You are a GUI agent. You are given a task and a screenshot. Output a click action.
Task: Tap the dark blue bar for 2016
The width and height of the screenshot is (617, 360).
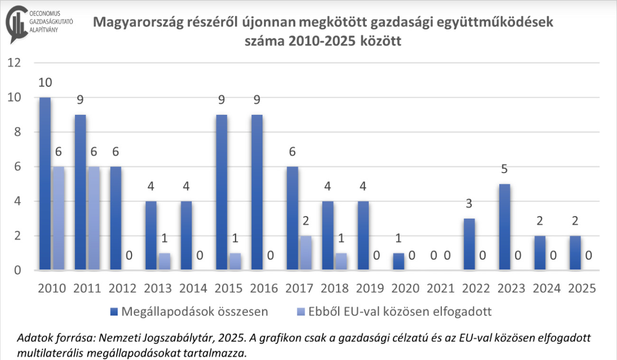(257, 193)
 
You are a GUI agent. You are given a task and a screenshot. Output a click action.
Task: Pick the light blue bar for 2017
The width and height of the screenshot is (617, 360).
(306, 253)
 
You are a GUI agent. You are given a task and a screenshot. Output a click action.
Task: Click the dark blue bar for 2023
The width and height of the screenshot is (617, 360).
(505, 227)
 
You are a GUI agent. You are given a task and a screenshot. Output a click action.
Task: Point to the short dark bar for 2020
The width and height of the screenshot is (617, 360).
(399, 261)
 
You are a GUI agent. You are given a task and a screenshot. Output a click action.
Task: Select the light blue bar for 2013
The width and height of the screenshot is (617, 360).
(164, 261)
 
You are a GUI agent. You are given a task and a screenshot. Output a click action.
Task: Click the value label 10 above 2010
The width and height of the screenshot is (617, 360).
(45, 83)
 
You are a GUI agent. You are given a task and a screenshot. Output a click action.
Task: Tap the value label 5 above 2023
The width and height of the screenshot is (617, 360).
(505, 169)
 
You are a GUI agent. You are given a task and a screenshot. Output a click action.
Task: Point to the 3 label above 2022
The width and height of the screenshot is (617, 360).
(469, 204)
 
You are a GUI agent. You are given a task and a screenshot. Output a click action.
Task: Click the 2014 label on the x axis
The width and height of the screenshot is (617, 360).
(194, 288)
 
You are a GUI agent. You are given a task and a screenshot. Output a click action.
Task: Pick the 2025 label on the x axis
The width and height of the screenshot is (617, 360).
(581, 288)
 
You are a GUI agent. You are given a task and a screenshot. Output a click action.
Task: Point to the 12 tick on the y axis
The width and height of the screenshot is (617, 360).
(16, 63)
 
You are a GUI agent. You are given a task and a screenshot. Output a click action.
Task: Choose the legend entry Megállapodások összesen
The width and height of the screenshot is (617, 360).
(190, 312)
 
